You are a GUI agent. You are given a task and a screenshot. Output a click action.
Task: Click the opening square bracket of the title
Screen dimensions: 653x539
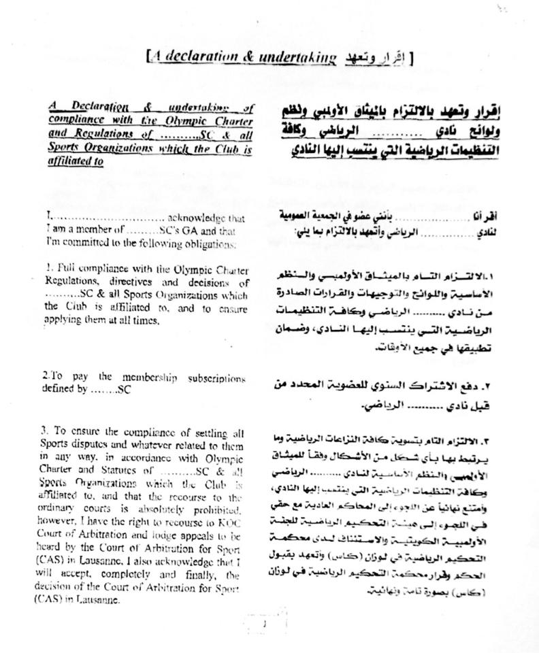click(148, 58)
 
